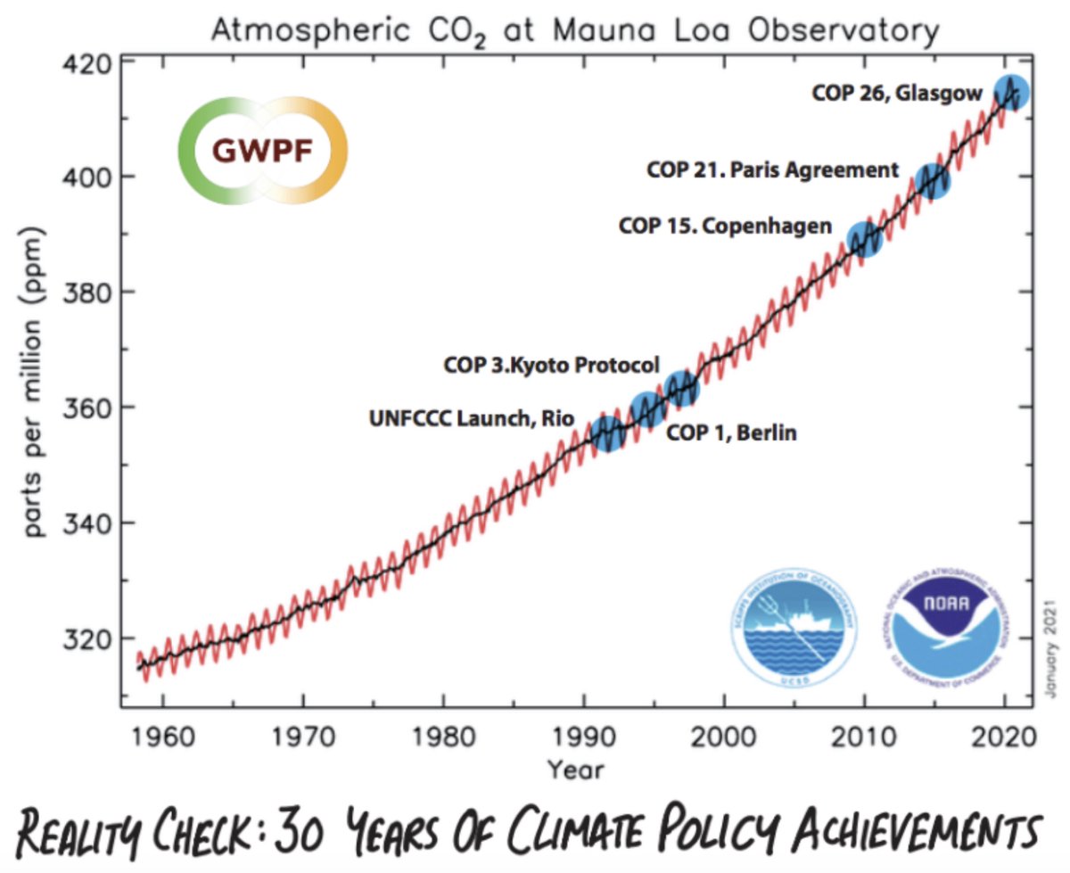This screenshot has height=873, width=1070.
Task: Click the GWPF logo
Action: [x=262, y=149]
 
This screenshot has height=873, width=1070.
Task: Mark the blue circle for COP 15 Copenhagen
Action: [x=864, y=239]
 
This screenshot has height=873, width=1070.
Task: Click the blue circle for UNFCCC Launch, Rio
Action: [x=607, y=432]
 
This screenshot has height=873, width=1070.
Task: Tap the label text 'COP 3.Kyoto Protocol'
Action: [x=551, y=365]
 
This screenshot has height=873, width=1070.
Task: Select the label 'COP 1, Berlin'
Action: [x=732, y=433]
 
